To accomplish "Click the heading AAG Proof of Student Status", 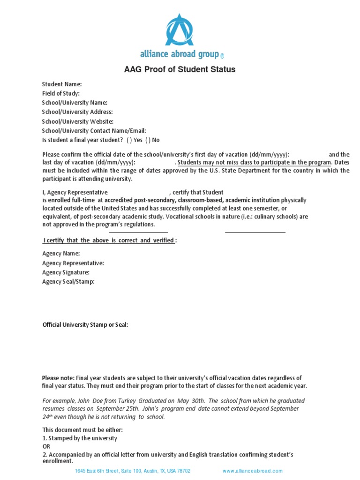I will pos(180,70).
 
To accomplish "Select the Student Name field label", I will pos(62,84).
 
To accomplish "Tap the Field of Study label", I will pos(61,93).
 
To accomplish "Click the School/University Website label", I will pos(78,121).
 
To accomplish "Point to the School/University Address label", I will pos(77,112).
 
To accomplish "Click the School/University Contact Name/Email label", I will pos(94,131).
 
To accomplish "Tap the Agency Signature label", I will pos(66,272).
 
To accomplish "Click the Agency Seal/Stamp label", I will pos(68,282).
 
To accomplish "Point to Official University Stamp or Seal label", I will pos(85,324).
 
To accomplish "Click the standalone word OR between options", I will pos(46,447).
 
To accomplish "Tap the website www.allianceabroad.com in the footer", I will pos(253,471).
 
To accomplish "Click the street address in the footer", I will pos(133,471).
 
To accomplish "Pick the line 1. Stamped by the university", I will pos(80,438).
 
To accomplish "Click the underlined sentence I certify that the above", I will pos(110,240).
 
